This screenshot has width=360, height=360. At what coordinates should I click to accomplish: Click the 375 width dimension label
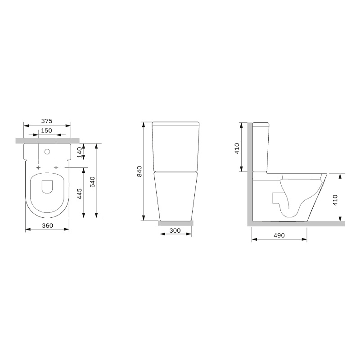click(x=47, y=121)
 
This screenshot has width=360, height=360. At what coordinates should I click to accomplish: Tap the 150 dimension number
click(x=47, y=130)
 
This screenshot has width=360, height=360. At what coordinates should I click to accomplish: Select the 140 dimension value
click(x=80, y=153)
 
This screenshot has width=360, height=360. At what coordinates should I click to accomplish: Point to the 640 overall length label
click(x=92, y=182)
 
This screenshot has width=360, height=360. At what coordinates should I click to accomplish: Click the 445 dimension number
click(x=80, y=194)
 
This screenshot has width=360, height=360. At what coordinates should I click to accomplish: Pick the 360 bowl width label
click(x=48, y=226)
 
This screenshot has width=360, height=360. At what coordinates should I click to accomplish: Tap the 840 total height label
click(x=139, y=171)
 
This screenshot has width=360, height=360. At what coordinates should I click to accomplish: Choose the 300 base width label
click(x=175, y=230)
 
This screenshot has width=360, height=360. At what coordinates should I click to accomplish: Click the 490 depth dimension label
click(x=279, y=235)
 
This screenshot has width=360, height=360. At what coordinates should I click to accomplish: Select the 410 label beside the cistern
click(x=237, y=148)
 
